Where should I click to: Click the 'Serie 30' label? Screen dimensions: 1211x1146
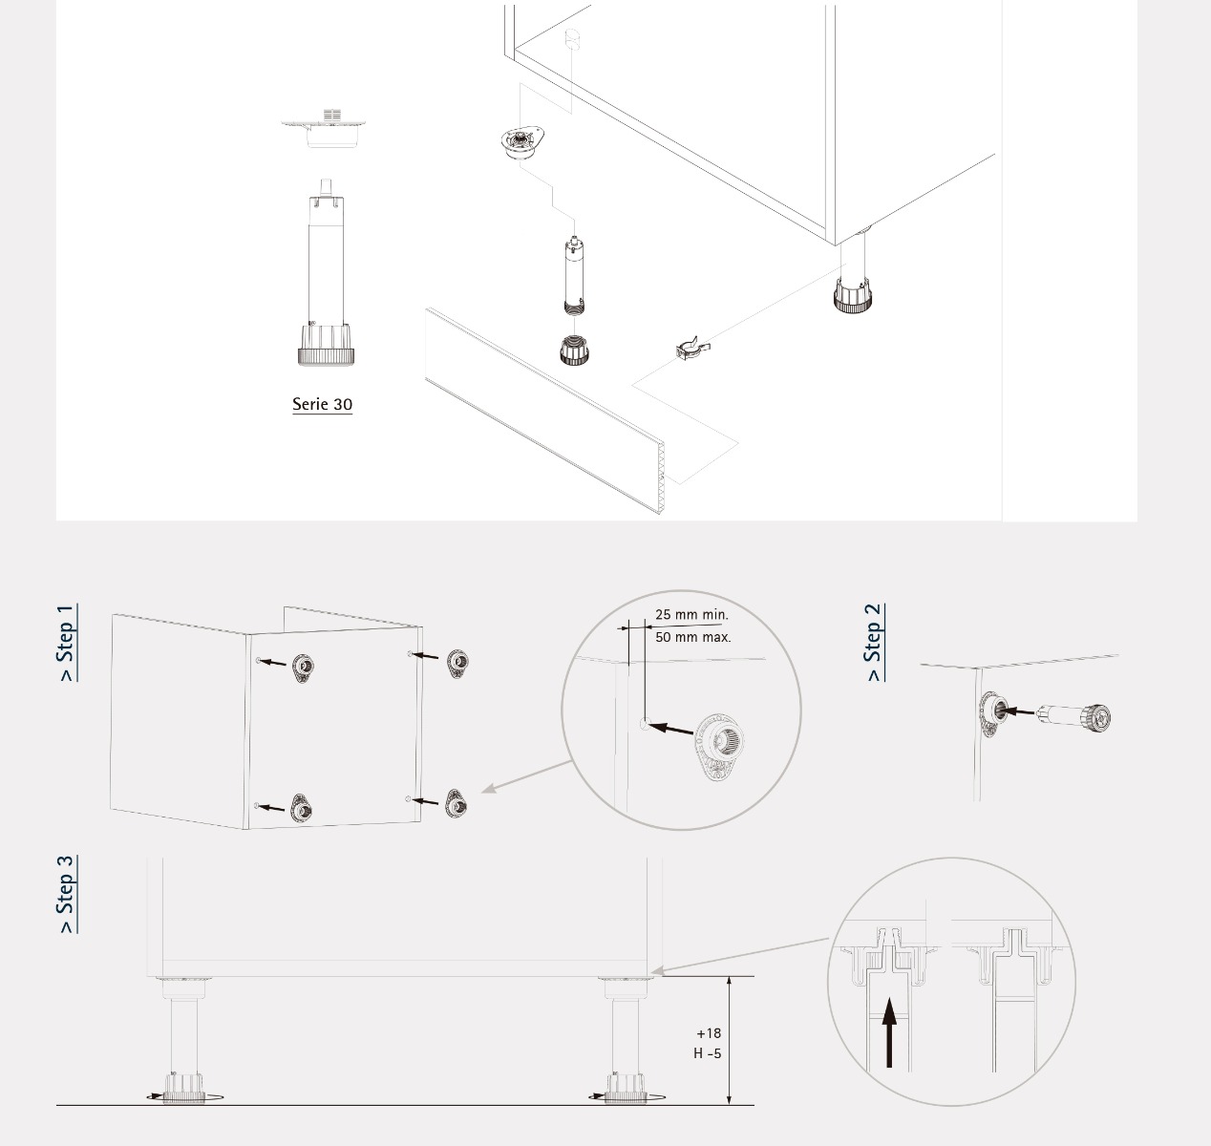coord(322,404)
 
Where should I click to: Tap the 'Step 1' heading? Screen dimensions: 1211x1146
coord(67,643)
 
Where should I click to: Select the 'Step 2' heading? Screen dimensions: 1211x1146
coord(874,643)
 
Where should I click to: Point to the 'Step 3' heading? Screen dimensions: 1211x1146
coord(67,894)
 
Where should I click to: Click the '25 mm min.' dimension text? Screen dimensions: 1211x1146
coord(691,614)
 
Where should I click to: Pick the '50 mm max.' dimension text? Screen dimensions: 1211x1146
coord(693,637)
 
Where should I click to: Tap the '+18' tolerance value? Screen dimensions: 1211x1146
coord(709,1033)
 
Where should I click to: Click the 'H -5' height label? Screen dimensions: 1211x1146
coord(707,1053)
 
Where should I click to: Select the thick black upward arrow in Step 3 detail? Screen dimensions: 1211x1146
coord(889,1032)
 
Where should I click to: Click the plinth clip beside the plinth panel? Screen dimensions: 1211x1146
coord(693,349)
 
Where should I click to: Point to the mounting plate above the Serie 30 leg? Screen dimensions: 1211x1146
coord(324,128)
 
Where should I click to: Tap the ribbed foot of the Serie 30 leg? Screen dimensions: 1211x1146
coord(326,346)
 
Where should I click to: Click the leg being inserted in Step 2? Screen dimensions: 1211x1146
coord(1074,716)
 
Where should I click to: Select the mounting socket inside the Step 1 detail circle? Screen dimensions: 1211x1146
coord(719,746)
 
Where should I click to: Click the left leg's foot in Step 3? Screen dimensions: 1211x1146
coord(184,1088)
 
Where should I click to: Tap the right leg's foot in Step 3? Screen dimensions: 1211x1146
coord(626,1088)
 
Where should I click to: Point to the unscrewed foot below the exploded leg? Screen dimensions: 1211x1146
coord(576,350)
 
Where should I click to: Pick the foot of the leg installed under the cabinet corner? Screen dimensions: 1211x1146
coord(853,295)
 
